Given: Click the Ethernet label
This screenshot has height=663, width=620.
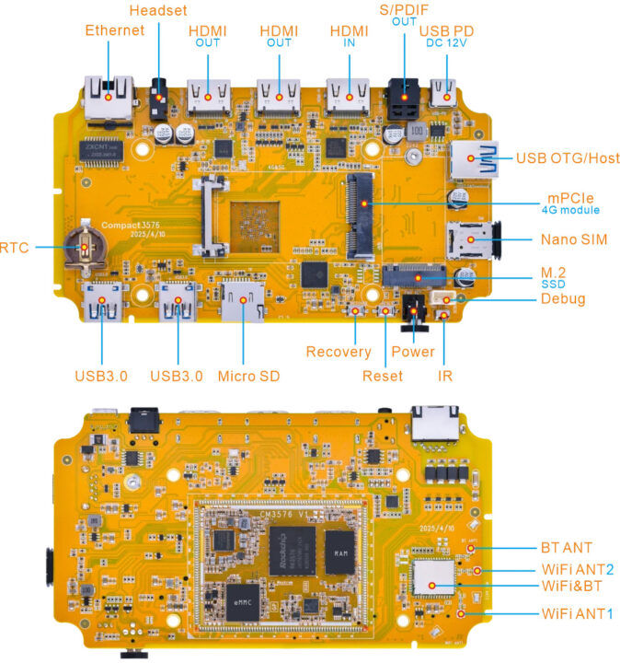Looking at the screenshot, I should (x=114, y=30).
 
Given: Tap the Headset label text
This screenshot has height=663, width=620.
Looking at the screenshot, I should (x=157, y=11).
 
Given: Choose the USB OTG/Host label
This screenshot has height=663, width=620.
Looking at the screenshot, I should (x=567, y=157).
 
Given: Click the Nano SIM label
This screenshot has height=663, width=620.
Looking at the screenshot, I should (x=571, y=239).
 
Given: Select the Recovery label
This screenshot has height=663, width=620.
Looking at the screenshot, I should (x=338, y=352).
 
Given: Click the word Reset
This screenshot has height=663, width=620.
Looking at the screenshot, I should (x=382, y=376).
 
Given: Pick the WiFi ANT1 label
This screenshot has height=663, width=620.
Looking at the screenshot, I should (x=576, y=613).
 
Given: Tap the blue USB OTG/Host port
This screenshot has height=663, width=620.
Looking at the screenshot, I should (x=471, y=157).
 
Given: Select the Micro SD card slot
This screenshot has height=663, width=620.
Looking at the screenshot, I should (x=243, y=299).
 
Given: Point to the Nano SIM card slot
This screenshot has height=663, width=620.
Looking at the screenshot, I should (x=468, y=240).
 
